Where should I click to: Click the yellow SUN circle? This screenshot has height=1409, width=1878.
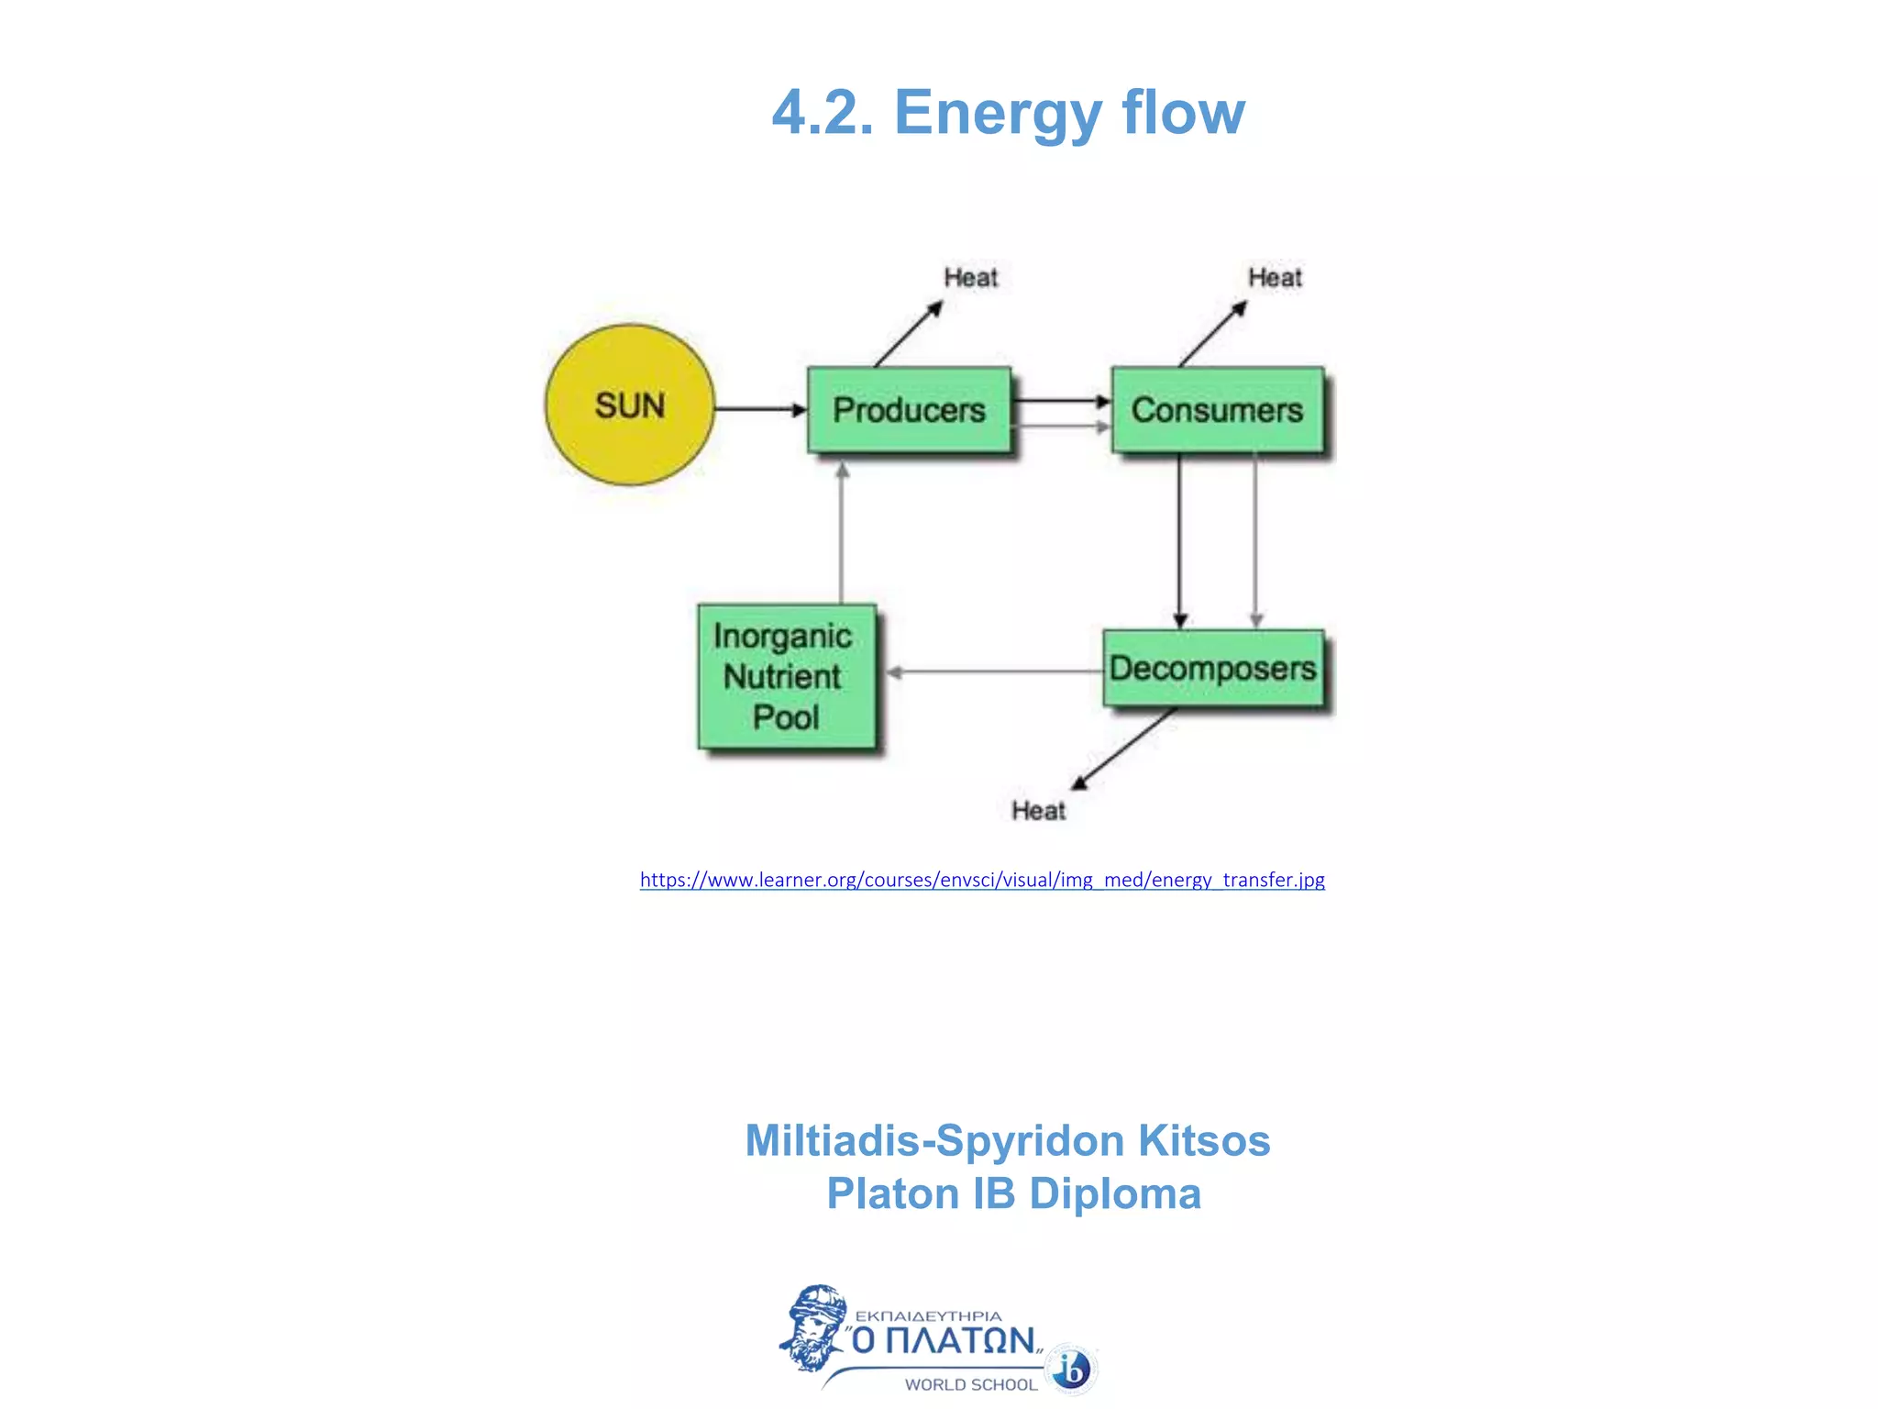(629, 405)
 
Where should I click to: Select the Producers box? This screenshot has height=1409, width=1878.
(909, 410)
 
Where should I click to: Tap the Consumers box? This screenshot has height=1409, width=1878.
(1217, 410)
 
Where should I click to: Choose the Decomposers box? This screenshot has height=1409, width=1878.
(1212, 668)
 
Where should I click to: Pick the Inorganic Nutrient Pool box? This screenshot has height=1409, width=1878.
(786, 676)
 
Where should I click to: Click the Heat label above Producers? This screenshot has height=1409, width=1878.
(970, 277)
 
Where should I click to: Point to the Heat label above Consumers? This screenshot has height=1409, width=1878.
(1275, 277)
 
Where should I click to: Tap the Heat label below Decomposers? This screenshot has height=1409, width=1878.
(1038, 810)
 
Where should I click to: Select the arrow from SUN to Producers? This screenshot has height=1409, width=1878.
(760, 409)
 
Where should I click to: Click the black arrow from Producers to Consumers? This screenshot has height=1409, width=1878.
(1061, 401)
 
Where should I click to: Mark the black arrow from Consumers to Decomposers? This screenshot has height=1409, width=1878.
(1180, 541)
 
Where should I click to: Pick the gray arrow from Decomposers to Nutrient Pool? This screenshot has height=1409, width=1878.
(995, 672)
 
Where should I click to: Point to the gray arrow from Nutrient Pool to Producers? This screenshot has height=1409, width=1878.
(842, 532)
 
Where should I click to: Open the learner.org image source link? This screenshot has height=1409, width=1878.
(982, 880)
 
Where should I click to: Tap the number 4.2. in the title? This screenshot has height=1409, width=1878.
(823, 113)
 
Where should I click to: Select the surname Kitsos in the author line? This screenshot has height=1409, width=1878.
(1203, 1141)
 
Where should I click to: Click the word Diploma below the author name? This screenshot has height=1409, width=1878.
(1114, 1193)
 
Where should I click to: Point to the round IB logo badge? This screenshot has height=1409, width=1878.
(1072, 1370)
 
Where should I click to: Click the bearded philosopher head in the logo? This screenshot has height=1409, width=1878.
(812, 1326)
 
